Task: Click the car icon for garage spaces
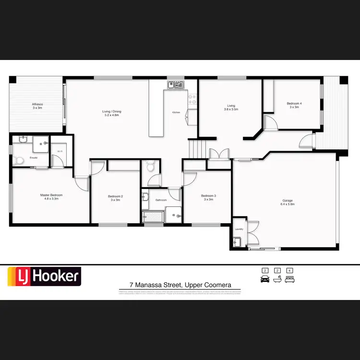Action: (264, 279)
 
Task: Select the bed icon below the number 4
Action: (289, 279)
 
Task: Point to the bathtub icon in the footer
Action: (276, 279)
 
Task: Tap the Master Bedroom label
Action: (51, 197)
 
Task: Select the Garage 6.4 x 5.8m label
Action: (288, 202)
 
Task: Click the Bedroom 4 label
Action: (294, 105)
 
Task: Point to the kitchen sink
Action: (176, 85)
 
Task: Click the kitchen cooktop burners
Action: (192, 99)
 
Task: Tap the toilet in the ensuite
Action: (18, 160)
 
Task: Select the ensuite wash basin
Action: (23, 139)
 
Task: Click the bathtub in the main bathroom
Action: (153, 217)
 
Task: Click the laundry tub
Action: (236, 243)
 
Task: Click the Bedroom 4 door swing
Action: (270, 122)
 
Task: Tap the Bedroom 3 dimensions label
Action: (208, 199)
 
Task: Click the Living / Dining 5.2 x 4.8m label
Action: (111, 113)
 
